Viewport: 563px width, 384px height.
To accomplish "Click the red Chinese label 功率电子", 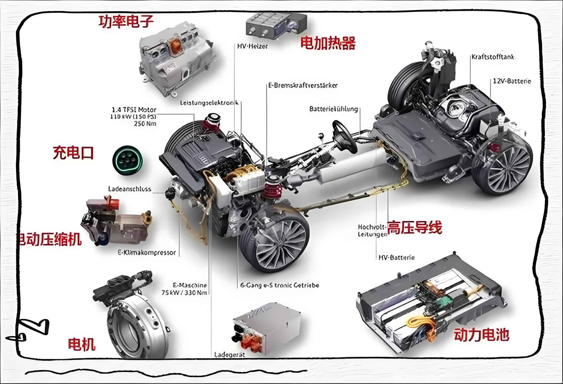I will coord(126,22).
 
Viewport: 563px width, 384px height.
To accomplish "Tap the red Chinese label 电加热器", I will coord(328,43).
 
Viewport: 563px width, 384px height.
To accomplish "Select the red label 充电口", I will coord(73,153).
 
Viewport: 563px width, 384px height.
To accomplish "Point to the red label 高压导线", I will coord(415,228).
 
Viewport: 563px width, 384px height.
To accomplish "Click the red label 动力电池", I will coord(481,335).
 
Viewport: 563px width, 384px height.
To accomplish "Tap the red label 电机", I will coord(82,344).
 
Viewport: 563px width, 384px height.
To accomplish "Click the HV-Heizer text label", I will coord(252,46).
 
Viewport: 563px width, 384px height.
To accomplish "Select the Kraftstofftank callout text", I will coord(493,57).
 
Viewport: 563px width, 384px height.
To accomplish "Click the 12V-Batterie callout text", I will coord(512,81).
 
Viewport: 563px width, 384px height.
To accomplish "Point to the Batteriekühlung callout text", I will coord(333,109).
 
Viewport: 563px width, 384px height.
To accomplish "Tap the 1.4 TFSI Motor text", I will coord(134,110).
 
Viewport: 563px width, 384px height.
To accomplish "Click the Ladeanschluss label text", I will coord(129,189).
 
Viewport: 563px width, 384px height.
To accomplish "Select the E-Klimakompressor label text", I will coord(147,253).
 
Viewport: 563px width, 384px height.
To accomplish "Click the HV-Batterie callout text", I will coord(396,258).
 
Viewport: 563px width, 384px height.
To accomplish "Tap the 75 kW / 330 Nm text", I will coord(184,293).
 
